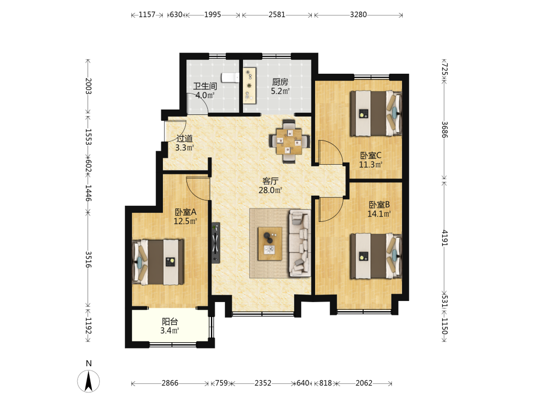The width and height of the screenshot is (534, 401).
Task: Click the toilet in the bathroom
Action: tap(231, 78)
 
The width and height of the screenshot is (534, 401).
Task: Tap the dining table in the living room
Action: tap(289, 141)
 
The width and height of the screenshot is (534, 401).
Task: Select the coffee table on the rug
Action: tap(270, 243)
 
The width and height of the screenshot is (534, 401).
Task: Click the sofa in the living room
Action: tap(300, 243)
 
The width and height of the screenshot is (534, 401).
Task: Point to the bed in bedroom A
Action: tap(158, 262)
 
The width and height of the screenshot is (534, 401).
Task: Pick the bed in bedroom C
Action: tap(376, 113)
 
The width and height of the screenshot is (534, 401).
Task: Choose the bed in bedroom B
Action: tap(376, 256)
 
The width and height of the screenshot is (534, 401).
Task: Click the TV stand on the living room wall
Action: tap(216, 242)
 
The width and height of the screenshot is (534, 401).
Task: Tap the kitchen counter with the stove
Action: tap(249, 85)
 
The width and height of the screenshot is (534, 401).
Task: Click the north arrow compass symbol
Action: tap(89, 381)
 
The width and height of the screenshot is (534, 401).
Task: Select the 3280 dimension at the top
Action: tap(358, 14)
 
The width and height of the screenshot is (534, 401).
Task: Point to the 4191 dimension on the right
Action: tap(444, 238)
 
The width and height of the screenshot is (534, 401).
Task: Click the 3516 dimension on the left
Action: tap(88, 259)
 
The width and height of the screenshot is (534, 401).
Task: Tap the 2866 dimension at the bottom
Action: tap(170, 383)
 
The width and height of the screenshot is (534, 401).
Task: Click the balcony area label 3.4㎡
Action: tap(170, 330)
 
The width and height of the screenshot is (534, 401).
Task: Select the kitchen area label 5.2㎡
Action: tap(280, 91)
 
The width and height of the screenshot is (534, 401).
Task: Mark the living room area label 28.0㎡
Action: tap(270, 190)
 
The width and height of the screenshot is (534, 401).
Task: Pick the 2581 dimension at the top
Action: tap(277, 14)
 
